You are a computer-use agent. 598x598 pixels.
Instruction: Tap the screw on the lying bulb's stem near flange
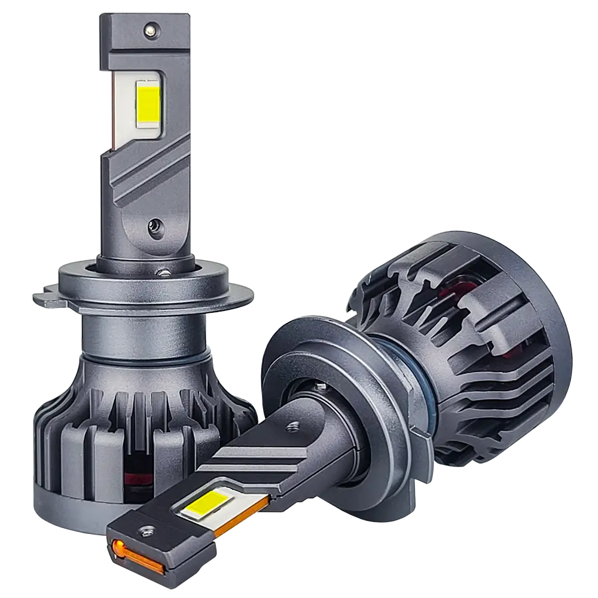click(292, 426)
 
